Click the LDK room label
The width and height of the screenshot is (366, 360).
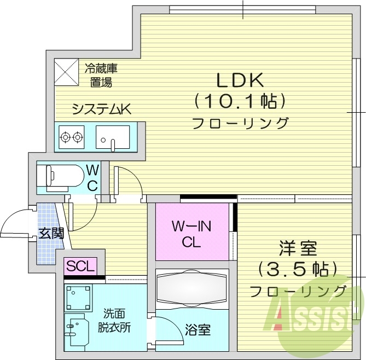[241, 81]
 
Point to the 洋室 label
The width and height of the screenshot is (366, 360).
[299, 248]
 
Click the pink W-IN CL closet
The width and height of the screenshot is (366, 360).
[192, 233]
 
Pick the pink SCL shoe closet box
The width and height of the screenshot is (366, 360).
[80, 266]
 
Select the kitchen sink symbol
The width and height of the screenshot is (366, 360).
[113, 137]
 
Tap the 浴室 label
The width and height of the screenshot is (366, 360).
[198, 330]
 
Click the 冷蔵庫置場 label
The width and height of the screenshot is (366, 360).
[101, 76]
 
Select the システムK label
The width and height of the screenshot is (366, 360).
[102, 109]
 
